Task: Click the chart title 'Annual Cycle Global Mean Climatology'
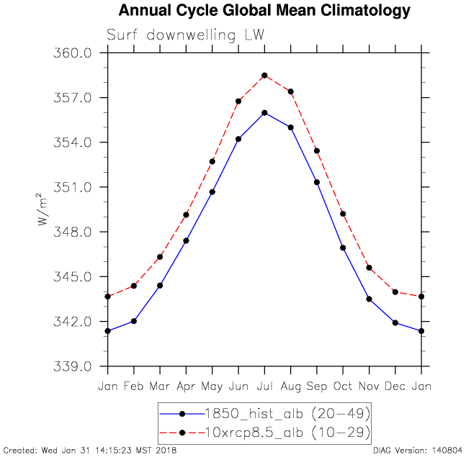click(264, 11)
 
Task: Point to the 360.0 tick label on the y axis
click(73, 53)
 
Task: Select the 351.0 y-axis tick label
click(73, 187)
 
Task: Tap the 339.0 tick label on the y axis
click(73, 366)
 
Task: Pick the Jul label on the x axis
click(264, 386)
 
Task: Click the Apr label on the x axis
click(186, 386)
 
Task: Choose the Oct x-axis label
click(343, 386)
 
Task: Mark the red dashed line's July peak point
click(264, 76)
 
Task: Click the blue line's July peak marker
click(264, 113)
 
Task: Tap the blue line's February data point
click(134, 321)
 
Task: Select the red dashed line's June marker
click(238, 101)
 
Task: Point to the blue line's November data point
click(369, 299)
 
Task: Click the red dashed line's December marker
click(395, 291)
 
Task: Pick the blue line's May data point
click(212, 192)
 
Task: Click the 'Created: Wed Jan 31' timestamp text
click(90, 451)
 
